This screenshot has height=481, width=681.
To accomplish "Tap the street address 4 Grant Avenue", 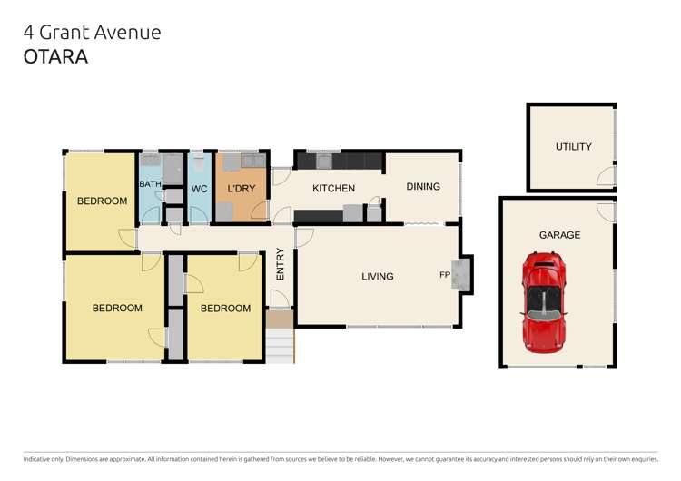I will click(x=91, y=32).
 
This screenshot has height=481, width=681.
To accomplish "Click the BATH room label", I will click(x=149, y=184).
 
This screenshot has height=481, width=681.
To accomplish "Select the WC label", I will click(x=199, y=190).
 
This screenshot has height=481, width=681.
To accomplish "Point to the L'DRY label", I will click(x=241, y=189).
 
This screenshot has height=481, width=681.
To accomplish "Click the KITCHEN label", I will click(x=333, y=189).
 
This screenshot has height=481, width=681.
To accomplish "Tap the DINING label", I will click(x=422, y=187).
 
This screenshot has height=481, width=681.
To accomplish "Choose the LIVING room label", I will click(x=377, y=276).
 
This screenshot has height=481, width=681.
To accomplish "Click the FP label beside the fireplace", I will click(x=446, y=275).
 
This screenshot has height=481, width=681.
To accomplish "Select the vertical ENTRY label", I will click(x=281, y=264).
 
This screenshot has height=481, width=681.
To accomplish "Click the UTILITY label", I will click(x=573, y=147).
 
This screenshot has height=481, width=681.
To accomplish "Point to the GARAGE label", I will click(x=559, y=235).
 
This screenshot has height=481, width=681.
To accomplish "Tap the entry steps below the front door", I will click(x=280, y=339).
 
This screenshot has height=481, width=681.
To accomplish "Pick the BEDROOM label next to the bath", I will click(x=101, y=201).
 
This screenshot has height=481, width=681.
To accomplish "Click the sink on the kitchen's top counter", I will click(x=324, y=162).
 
